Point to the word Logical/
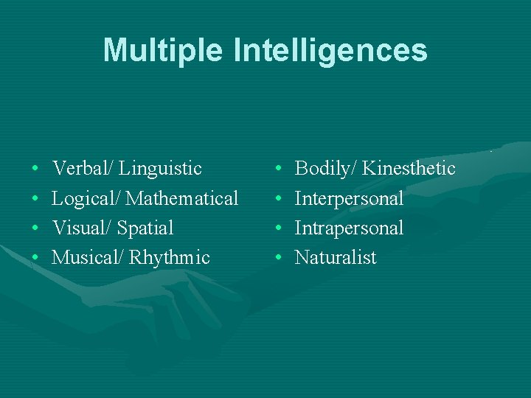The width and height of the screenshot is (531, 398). point(86,199)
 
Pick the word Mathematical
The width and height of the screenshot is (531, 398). point(183,198)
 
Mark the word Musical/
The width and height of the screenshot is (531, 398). point(88,258)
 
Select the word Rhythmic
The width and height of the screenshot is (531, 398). point(170,258)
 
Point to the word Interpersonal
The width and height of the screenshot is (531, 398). point(349,199)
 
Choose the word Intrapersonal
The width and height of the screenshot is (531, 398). point(349,228)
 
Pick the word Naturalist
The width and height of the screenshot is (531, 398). point(336,258)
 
